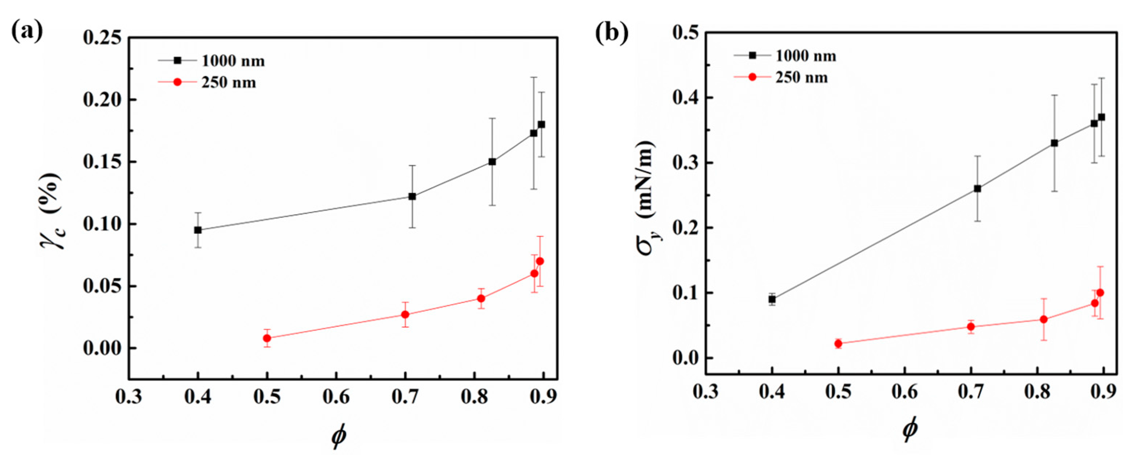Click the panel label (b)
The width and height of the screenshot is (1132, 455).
point(612,33)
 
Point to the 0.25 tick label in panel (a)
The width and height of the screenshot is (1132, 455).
point(102,38)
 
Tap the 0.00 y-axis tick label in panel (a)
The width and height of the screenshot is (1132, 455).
point(102,349)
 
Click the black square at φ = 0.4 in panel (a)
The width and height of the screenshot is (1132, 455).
point(198,230)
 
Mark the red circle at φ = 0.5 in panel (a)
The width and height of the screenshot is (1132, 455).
point(267,338)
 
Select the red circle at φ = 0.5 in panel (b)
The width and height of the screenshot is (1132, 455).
point(838,343)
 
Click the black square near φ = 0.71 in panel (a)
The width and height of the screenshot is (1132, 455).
point(412,196)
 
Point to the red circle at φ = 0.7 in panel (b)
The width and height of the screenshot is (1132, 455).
point(971,327)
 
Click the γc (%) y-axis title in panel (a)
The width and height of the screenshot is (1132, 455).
point(52,210)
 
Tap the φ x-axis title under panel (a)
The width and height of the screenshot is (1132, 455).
point(339,435)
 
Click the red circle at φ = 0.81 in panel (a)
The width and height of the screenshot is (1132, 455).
point(481,298)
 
